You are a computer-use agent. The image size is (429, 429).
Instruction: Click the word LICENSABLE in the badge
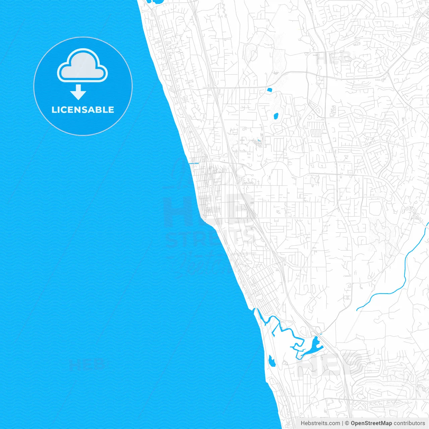point(83,110)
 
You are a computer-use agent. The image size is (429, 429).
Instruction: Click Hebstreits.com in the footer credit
point(320,423)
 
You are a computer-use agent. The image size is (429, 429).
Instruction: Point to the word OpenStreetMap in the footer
point(371,423)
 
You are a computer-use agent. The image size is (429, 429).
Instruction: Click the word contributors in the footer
point(409,423)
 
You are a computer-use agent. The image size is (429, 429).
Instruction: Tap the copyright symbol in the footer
point(347,423)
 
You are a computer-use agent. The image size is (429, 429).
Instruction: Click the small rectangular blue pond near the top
point(269,90)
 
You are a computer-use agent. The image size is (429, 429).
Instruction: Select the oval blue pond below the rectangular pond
point(276,116)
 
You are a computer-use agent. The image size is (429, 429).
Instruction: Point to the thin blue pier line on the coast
point(194,164)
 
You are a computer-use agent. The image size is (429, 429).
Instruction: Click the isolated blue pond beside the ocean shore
point(271,362)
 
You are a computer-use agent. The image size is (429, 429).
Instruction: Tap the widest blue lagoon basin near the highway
point(315,345)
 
